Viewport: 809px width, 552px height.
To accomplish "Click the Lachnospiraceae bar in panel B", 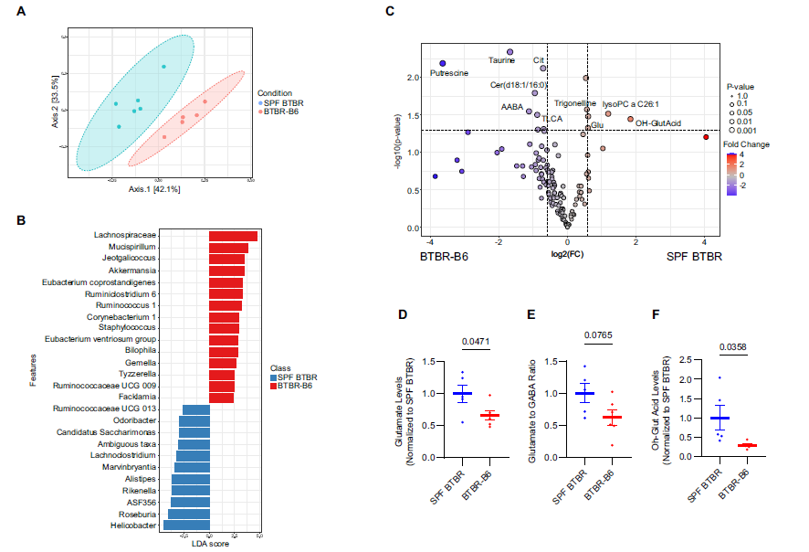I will (233, 236).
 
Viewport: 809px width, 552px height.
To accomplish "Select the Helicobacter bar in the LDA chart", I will (185, 525).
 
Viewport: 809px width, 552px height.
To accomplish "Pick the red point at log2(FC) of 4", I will (706, 137).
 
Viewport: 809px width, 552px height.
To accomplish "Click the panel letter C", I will (391, 10).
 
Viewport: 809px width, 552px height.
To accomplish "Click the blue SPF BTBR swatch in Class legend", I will (274, 377).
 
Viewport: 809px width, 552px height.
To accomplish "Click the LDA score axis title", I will (210, 546).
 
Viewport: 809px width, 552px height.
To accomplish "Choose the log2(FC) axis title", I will (567, 251).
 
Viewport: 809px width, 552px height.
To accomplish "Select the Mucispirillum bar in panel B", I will (228, 248).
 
